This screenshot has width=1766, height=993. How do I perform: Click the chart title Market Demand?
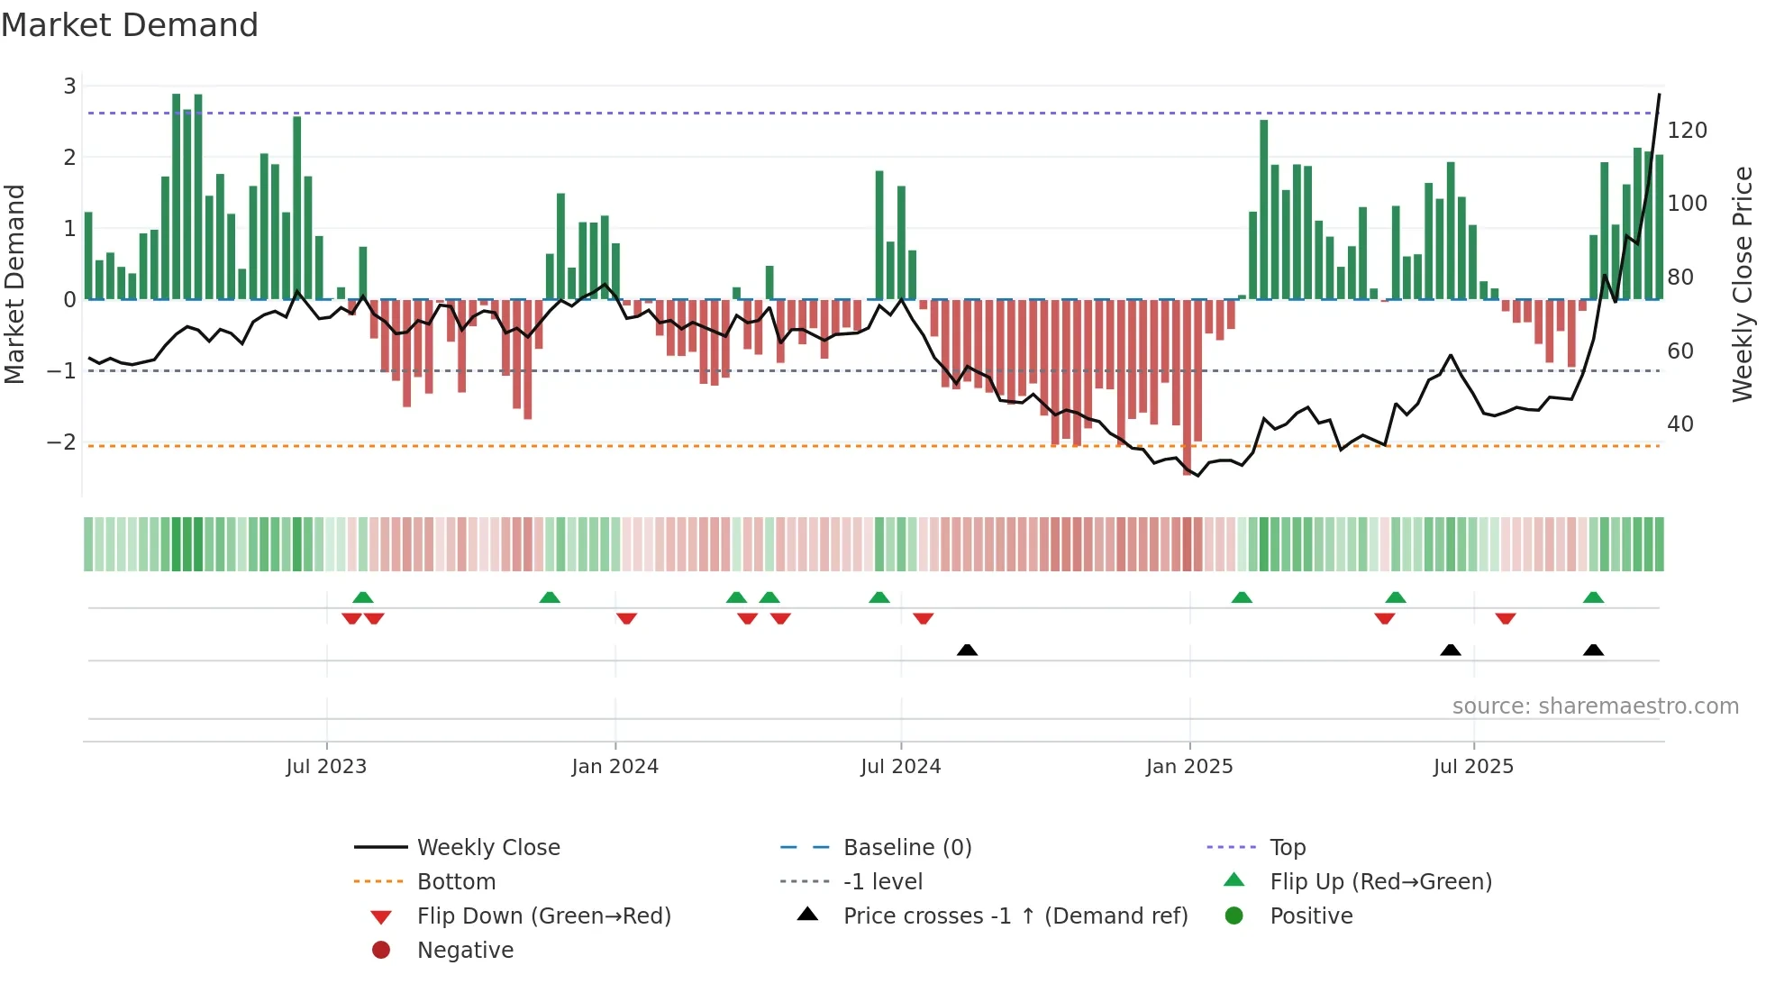coord(130,25)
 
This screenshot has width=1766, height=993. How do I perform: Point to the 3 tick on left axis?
coord(69,87)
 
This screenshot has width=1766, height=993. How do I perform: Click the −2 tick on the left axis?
coord(62,442)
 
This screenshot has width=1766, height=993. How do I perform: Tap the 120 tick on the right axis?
coord(1687,131)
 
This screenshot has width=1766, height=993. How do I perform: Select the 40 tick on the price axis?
coord(1680,424)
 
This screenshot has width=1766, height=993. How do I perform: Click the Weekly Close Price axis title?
coord(1743,284)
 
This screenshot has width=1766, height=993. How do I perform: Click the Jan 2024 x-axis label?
coord(614,767)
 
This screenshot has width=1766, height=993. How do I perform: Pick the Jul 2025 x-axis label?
coord(1473,767)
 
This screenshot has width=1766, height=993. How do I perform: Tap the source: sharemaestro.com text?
coord(1595,706)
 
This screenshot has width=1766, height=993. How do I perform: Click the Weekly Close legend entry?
coord(487,848)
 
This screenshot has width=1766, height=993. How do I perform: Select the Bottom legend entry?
coord(456,882)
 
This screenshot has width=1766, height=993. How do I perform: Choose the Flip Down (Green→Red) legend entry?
coord(543,916)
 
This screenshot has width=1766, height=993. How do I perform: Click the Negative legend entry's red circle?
coord(381,951)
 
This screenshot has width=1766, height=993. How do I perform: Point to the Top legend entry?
coord(1288,848)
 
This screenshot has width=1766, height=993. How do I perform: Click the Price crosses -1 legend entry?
coord(1015,916)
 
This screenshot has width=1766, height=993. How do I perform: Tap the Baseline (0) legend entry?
coord(906,848)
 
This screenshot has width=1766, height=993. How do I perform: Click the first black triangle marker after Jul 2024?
coord(967,650)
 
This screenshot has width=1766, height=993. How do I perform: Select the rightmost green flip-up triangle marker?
coord(1593,597)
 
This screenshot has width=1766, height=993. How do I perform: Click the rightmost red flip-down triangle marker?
coord(1505,618)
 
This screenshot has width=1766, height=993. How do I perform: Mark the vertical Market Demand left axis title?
coord(14,284)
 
